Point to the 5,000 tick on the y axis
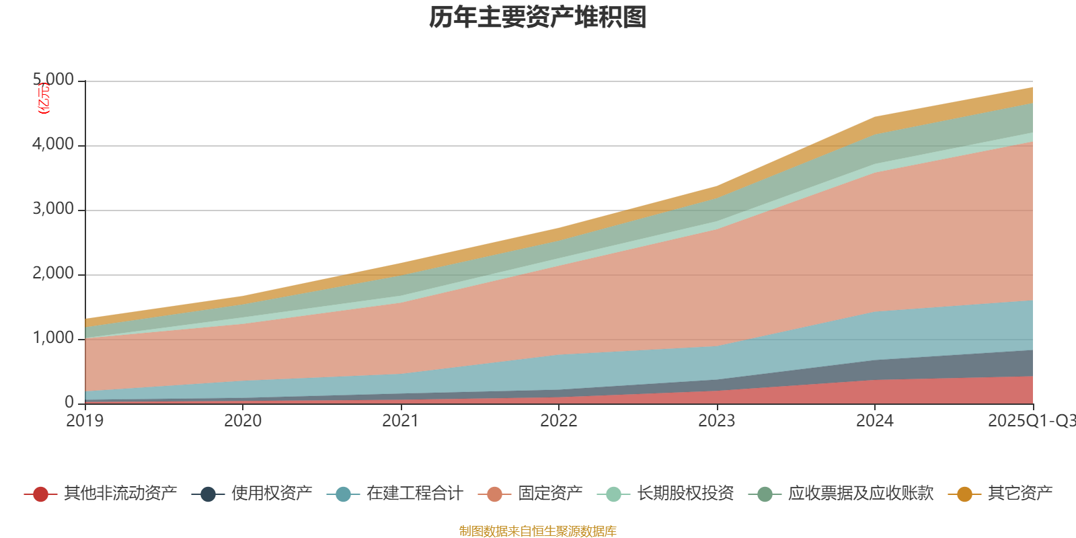pyautogui.click(x=54, y=80)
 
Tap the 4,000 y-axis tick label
pyautogui.click(x=54, y=145)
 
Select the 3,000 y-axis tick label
pyautogui.click(x=54, y=209)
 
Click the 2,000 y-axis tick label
pyautogui.click(x=54, y=274)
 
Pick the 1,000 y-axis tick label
pyautogui.click(x=54, y=338)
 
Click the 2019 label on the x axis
pyautogui.click(x=85, y=421)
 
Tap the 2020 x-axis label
pyautogui.click(x=243, y=421)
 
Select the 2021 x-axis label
pyautogui.click(x=401, y=421)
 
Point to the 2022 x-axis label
pyautogui.click(x=559, y=421)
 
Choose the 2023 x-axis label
pyautogui.click(x=717, y=421)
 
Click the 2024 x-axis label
pyautogui.click(x=875, y=421)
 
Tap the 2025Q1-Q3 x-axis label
pyautogui.click(x=1031, y=421)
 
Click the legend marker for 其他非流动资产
pyautogui.click(x=40, y=494)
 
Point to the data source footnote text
pyautogui.click(x=538, y=531)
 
